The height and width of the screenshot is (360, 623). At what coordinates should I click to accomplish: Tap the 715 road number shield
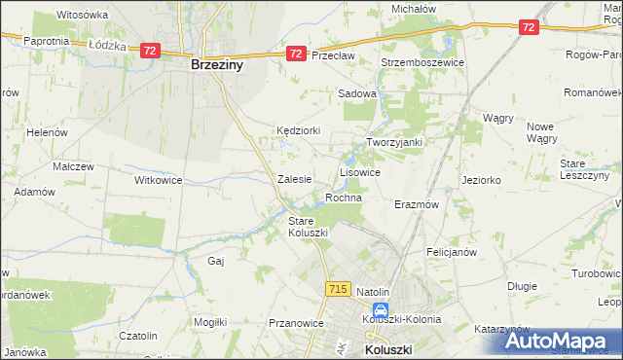coord(339,289)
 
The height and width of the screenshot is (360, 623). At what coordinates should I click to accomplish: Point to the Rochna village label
coord(344,198)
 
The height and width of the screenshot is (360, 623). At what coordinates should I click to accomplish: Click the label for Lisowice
coord(359,171)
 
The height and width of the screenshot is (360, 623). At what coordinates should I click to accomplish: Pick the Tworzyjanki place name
coord(393,142)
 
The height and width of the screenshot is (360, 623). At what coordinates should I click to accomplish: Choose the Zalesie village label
coord(294,179)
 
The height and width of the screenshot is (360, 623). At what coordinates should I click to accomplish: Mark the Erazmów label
coord(419,205)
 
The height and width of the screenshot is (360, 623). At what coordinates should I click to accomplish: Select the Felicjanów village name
coord(451,251)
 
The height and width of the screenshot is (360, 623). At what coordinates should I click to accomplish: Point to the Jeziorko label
coord(481,180)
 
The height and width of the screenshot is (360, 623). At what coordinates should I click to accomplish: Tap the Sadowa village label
coord(356,94)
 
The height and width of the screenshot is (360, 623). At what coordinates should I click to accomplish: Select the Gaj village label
coord(216,261)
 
